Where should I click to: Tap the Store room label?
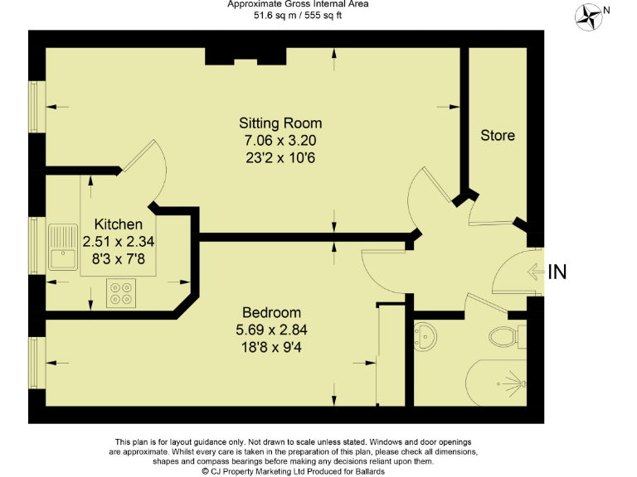tap(498, 135)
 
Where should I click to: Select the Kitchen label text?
tap(118, 224)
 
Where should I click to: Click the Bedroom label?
tap(271, 312)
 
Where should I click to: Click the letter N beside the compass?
tap(606, 10)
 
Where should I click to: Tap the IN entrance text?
tap(558, 272)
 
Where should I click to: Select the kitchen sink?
tap(62, 248)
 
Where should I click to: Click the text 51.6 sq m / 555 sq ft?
tap(298, 14)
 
